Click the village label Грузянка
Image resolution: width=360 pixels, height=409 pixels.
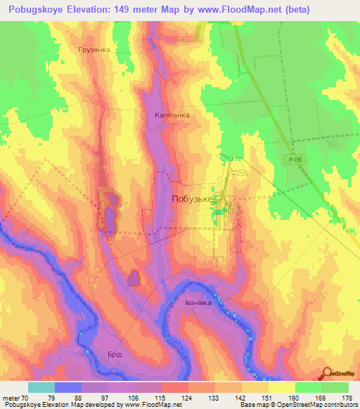(x=98, y=51)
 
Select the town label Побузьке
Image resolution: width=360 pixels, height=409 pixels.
(x=193, y=200)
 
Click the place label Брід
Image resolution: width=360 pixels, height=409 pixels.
(x=114, y=354)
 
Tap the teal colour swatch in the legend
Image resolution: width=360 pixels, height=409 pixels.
(x=41, y=387)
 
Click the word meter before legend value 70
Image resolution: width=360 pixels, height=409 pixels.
(x=12, y=398)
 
